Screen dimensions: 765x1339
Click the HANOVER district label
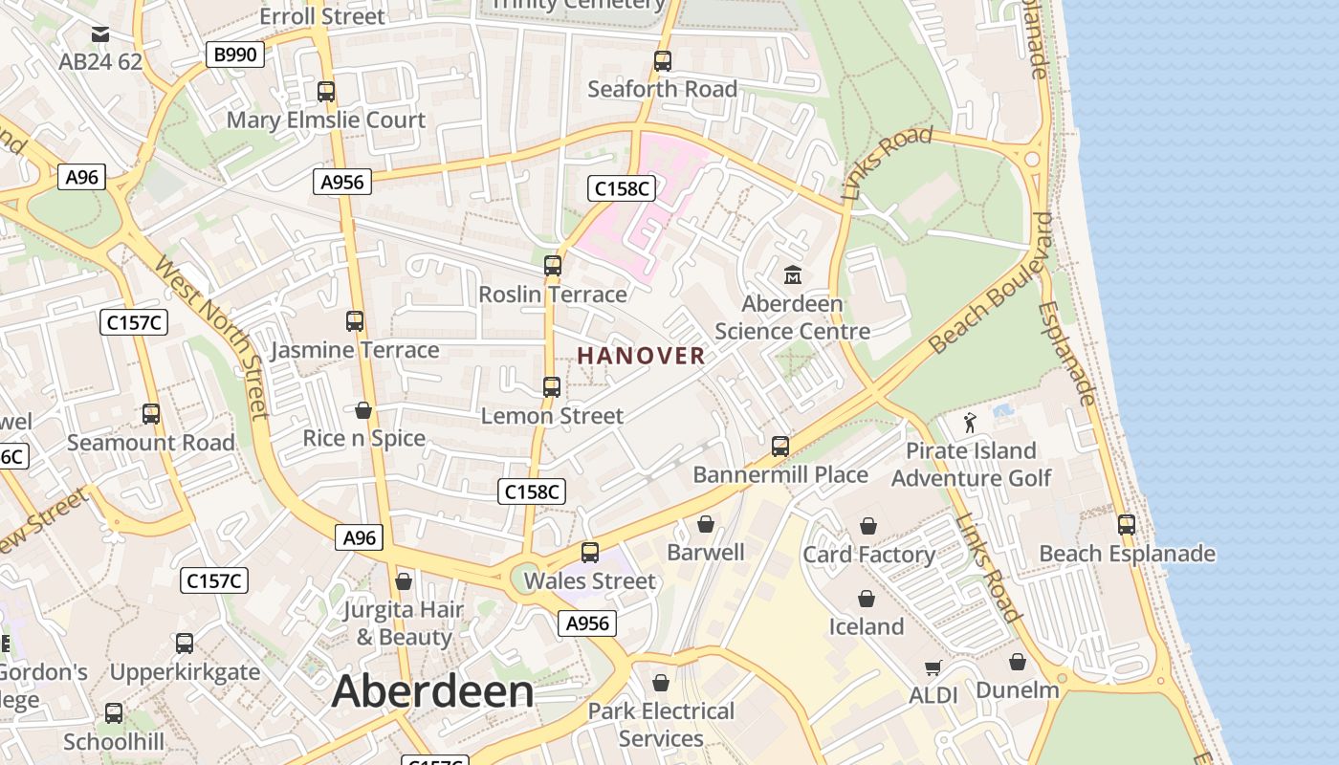click(x=641, y=356)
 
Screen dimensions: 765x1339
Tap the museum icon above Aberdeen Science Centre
click(x=793, y=275)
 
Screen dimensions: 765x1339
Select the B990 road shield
click(x=234, y=55)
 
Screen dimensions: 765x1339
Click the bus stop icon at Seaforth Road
click(x=663, y=61)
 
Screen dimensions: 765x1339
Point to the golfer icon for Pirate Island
click(x=971, y=423)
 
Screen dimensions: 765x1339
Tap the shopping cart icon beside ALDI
click(x=933, y=667)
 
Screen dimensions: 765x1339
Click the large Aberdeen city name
click(x=432, y=691)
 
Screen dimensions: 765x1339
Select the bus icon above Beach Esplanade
click(x=1127, y=524)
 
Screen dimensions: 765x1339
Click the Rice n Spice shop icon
click(x=363, y=410)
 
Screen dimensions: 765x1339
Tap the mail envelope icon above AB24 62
click(x=100, y=35)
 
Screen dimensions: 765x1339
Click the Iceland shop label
click(x=866, y=626)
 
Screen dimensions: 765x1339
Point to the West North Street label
click(x=211, y=335)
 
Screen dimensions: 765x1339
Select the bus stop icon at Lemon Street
click(x=552, y=386)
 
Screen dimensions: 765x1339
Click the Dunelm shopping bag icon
click(x=1018, y=662)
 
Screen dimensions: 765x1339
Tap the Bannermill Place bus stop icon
click(x=780, y=446)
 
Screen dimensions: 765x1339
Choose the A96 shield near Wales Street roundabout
click(x=360, y=537)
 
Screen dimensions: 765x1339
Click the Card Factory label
click(x=868, y=555)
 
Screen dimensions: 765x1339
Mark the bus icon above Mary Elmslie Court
click(x=326, y=92)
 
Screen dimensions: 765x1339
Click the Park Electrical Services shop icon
click(x=660, y=683)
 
